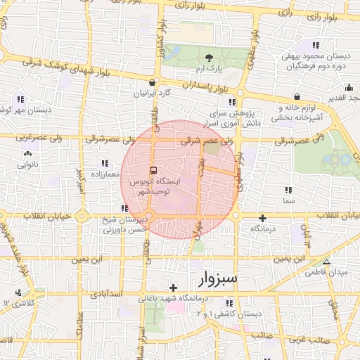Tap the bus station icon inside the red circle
[154, 170]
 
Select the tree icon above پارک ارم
[208, 58]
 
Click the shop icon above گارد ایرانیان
[143, 81]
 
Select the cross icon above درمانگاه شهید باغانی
[173, 288]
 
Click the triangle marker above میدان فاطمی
[325, 261]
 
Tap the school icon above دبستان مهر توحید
[21, 99]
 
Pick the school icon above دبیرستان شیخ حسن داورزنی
[124, 208]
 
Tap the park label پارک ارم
[209, 69]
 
